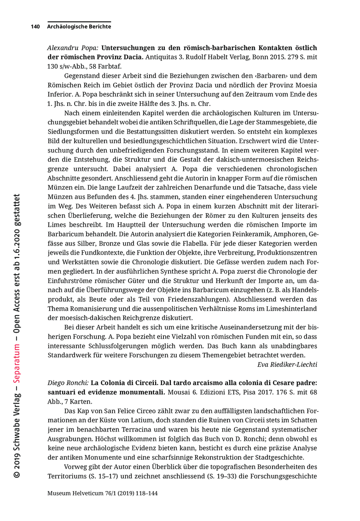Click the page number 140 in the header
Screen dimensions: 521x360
pyautogui.click(x=35, y=27)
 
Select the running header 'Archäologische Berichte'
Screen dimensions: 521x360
pyautogui.click(x=79, y=27)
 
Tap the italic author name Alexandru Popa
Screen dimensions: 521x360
pyautogui.click(x=73, y=48)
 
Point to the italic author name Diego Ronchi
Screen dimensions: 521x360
pyautogui.click(x=67, y=383)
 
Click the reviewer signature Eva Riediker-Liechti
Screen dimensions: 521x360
pyautogui.click(x=287, y=364)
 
